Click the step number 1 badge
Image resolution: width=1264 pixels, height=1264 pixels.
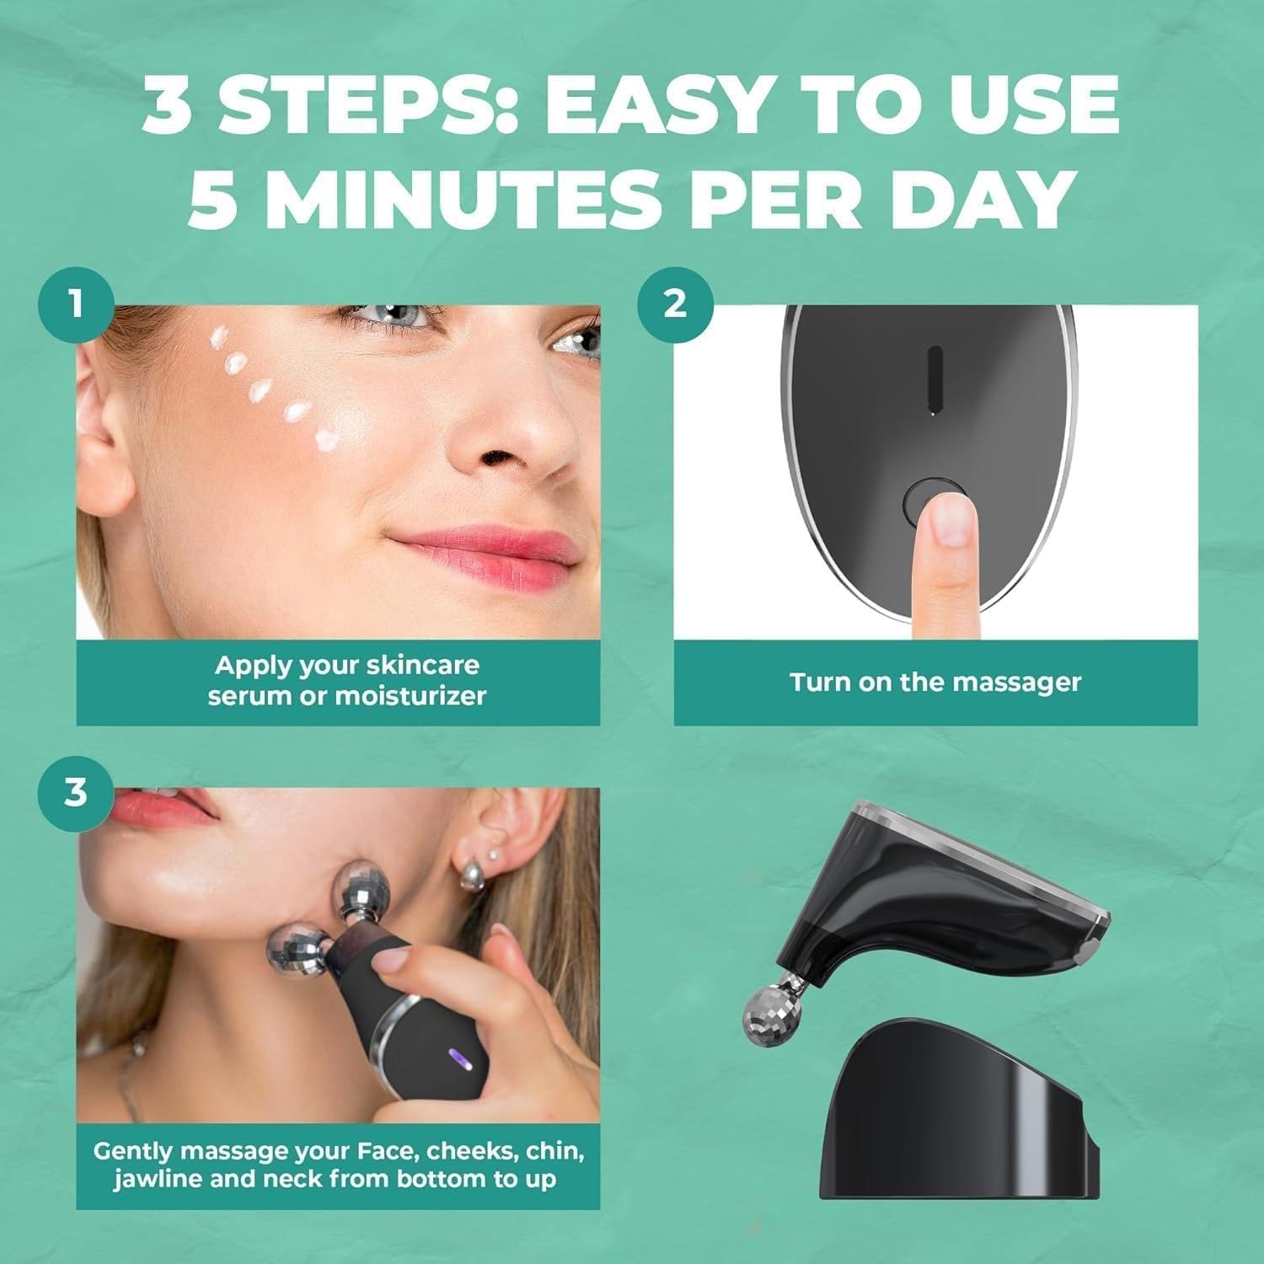click(76, 303)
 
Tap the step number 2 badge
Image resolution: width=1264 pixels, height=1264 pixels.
click(674, 303)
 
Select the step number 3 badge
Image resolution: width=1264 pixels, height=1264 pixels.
click(76, 793)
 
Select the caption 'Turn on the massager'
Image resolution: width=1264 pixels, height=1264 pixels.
click(935, 682)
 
